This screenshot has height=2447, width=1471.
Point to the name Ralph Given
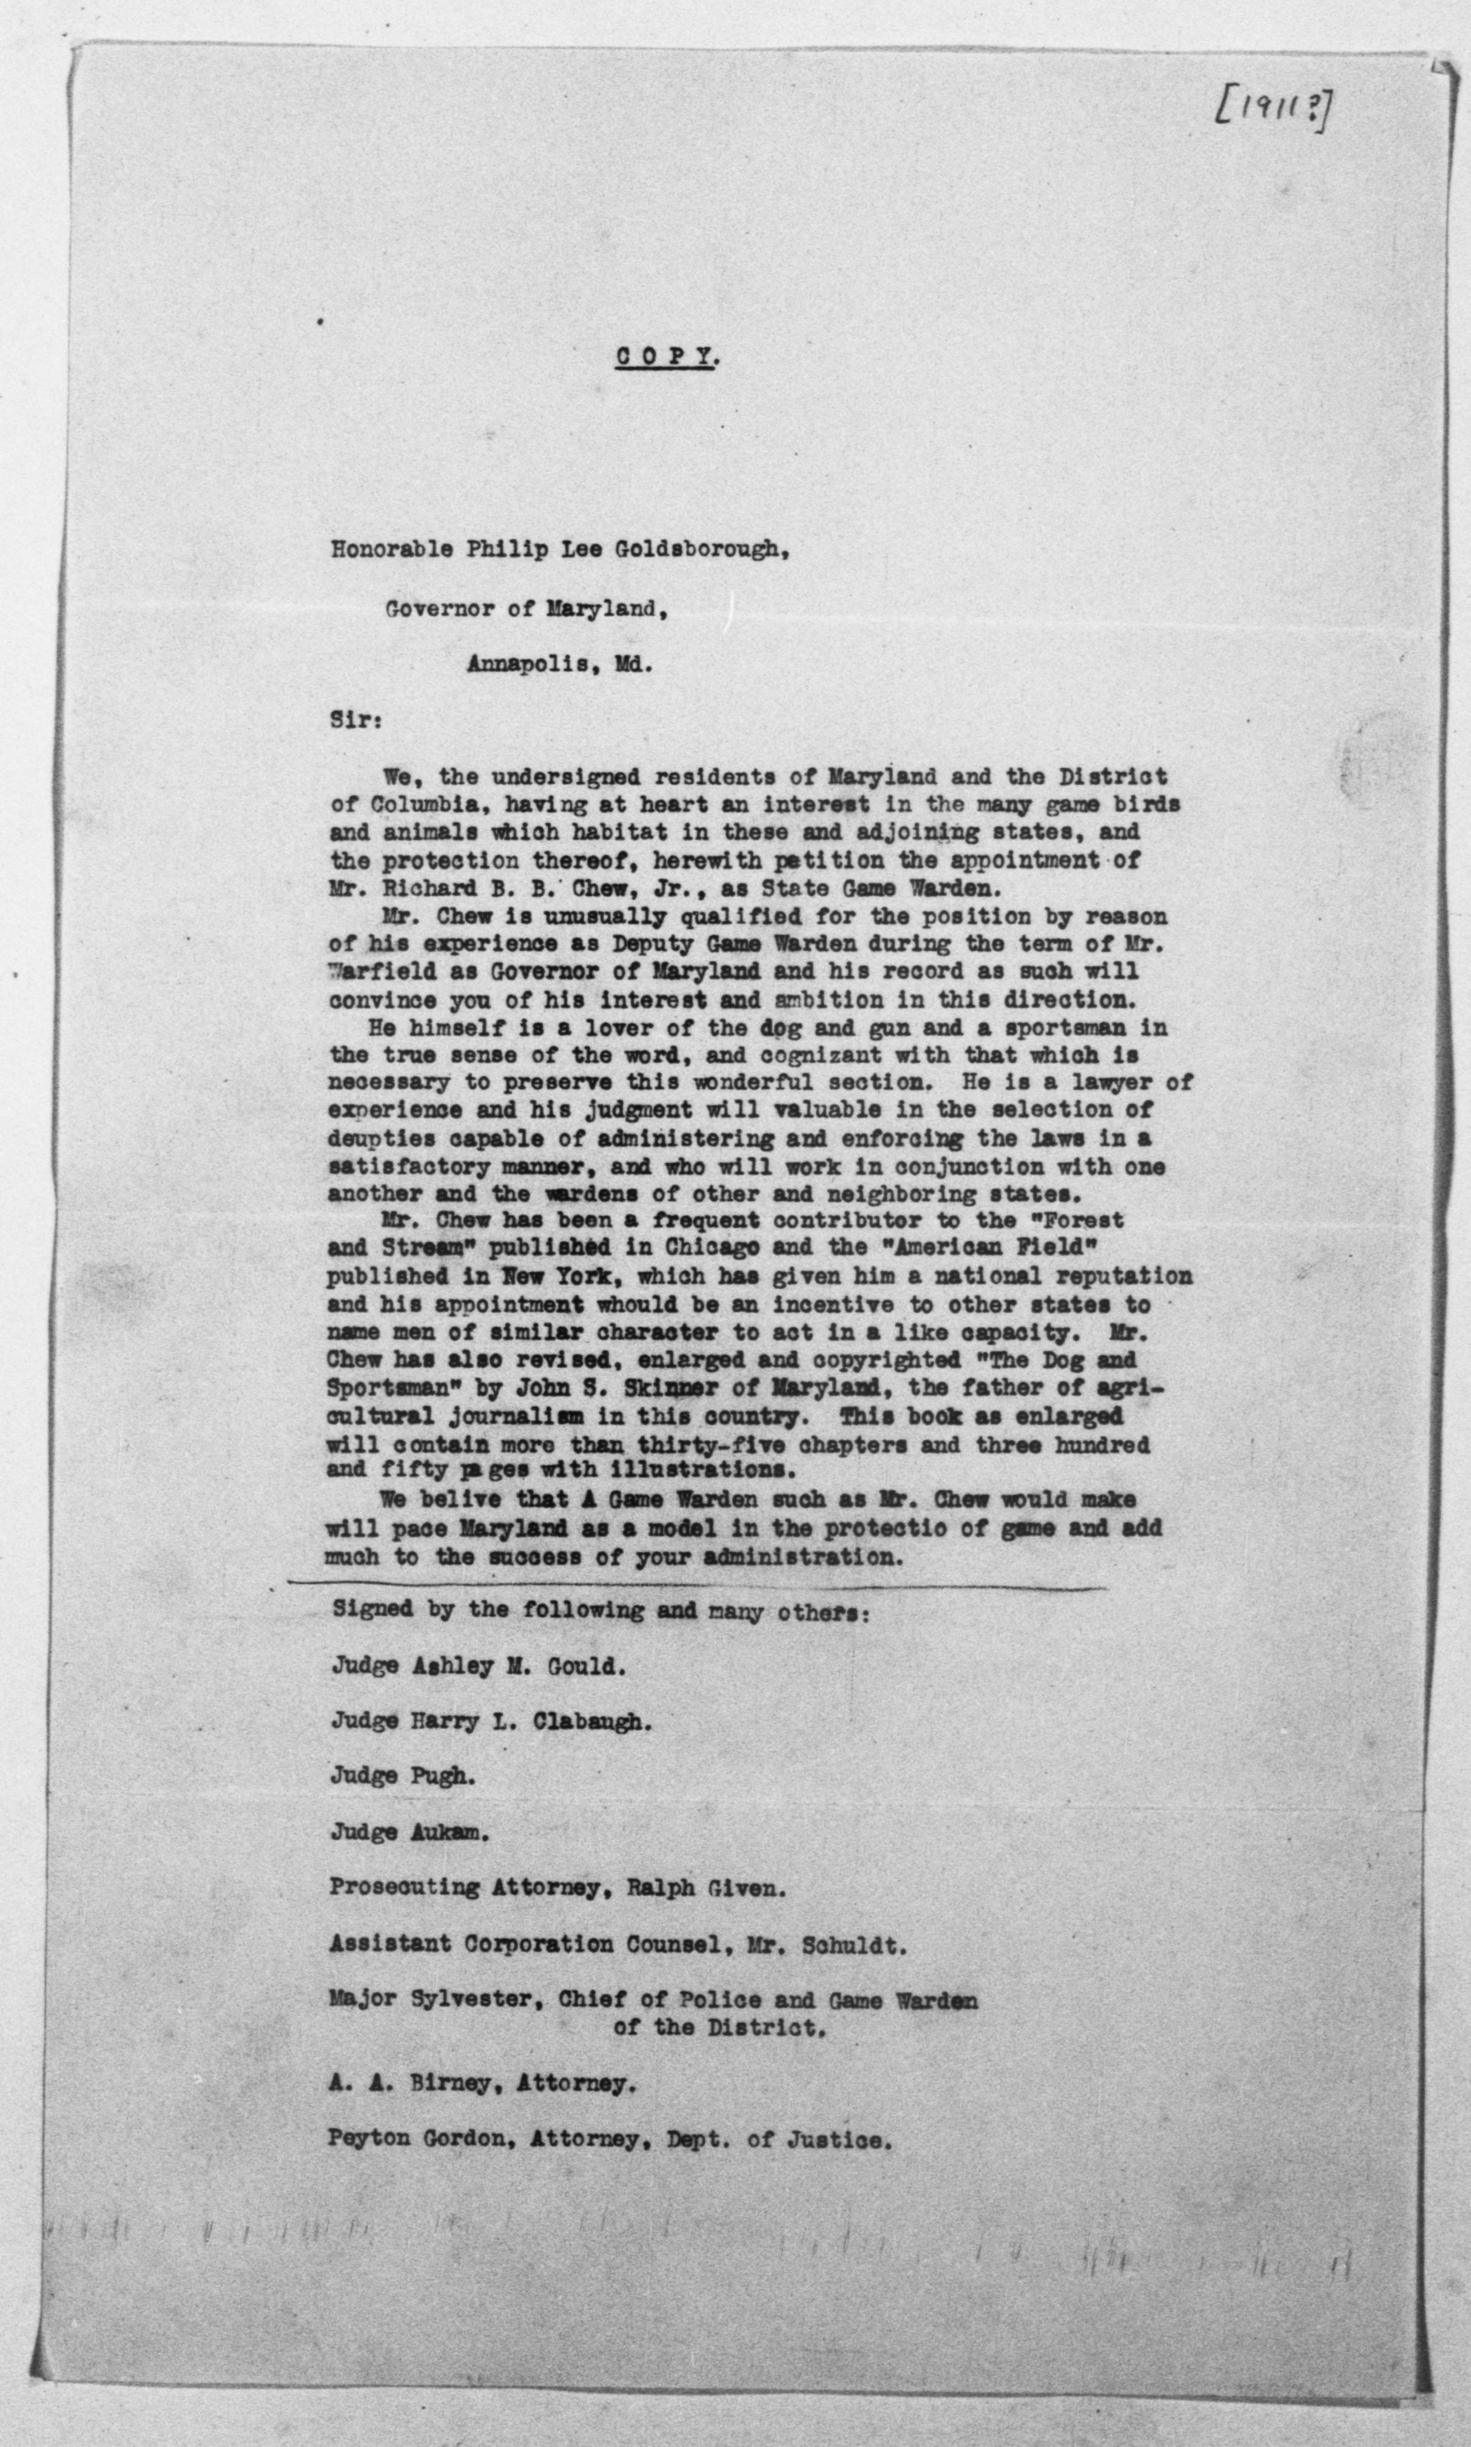[705, 1889]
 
